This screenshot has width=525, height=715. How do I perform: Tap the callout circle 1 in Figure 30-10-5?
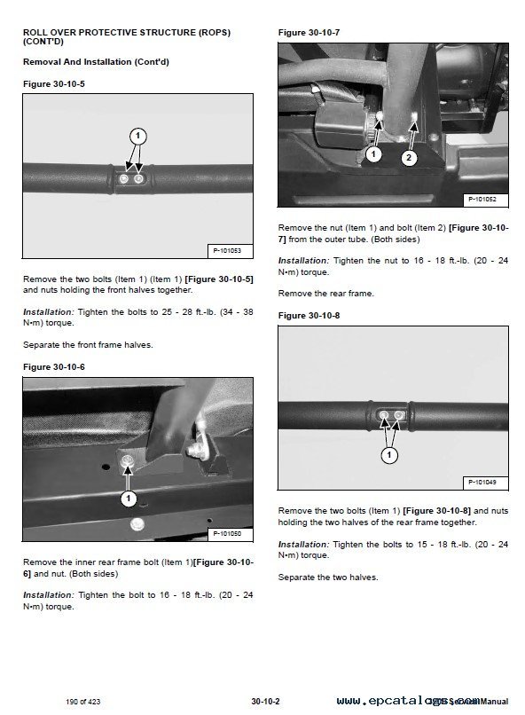pos(137,136)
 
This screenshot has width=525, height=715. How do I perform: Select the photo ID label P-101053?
pos(228,252)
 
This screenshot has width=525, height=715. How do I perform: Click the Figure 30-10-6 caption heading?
pos(53,366)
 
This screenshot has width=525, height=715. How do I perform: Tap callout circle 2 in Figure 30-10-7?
pos(408,158)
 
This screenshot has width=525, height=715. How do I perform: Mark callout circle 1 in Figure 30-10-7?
pos(373,154)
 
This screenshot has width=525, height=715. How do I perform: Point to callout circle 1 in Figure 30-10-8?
pos(388,455)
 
